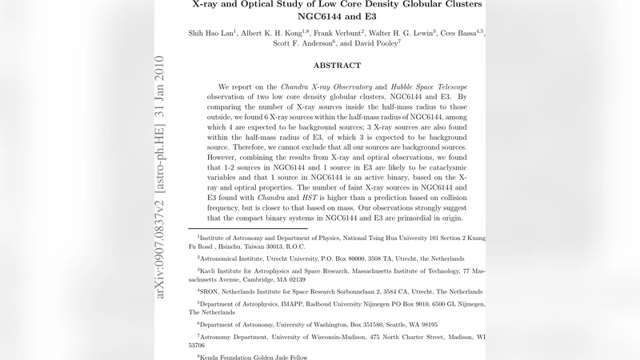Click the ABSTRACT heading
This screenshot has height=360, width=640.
[x=336, y=66]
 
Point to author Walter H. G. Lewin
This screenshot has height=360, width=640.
[x=403, y=34]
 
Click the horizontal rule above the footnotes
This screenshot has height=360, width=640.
[x=248, y=229]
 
